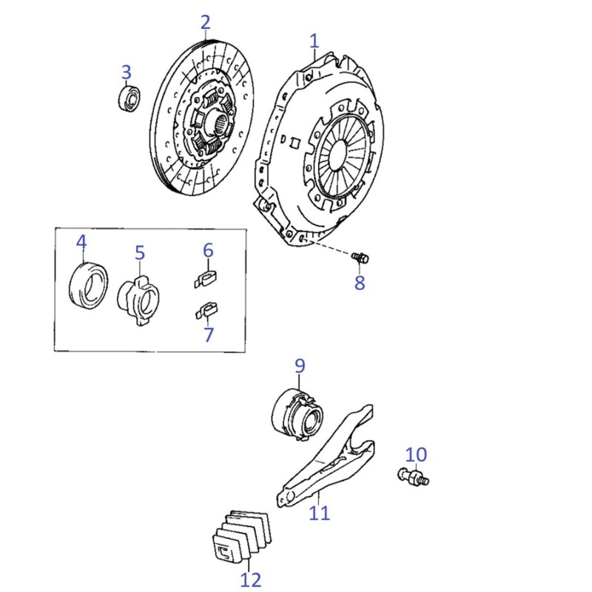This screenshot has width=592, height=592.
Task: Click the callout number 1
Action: [x=314, y=41]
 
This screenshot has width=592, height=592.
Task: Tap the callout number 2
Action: [x=206, y=23]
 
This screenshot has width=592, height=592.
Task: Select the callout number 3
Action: [x=126, y=72]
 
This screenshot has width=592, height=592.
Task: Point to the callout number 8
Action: [x=360, y=283]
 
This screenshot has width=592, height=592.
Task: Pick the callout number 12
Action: [x=251, y=579]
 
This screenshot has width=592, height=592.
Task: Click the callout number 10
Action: [x=416, y=454]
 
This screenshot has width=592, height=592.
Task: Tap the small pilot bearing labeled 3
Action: [x=129, y=98]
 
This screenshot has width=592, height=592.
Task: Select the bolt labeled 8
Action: [x=360, y=258]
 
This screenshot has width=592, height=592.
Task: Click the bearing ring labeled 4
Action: [x=89, y=285]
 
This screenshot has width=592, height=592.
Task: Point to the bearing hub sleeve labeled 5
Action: [x=138, y=300]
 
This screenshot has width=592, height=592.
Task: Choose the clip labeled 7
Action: [x=206, y=310]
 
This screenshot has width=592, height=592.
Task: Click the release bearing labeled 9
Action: [x=297, y=415]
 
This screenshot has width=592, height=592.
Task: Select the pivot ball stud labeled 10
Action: [x=414, y=477]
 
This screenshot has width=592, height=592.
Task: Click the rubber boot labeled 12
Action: [x=242, y=535]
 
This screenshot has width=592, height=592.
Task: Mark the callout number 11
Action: [x=320, y=513]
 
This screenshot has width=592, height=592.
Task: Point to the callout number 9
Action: [x=300, y=366]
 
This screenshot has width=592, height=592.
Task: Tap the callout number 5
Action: [x=140, y=252]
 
